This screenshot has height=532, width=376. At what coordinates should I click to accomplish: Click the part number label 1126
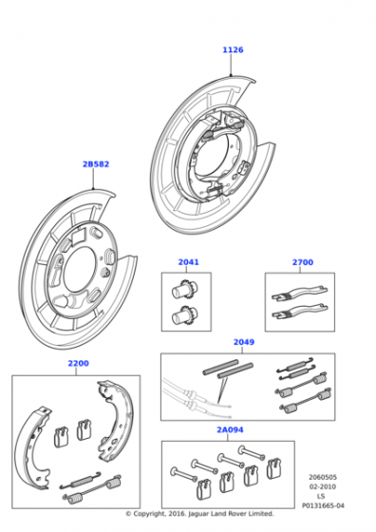[233, 49]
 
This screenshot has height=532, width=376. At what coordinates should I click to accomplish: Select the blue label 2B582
[96, 164]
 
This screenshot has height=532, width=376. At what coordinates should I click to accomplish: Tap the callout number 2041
[189, 262]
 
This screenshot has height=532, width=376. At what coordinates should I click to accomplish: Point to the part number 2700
[303, 262]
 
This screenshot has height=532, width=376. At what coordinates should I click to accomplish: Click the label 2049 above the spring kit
[244, 342]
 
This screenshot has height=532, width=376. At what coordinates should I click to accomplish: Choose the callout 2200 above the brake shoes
[78, 363]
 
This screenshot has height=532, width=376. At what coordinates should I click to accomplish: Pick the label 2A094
[230, 429]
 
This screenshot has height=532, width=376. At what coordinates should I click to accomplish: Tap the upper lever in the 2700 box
[300, 294]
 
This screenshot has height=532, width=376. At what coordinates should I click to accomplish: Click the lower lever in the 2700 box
[300, 312]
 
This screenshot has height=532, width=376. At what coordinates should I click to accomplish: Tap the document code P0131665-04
[323, 505]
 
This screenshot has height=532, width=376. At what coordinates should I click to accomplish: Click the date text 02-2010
[323, 486]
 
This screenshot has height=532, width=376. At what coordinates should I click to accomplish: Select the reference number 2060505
[323, 477]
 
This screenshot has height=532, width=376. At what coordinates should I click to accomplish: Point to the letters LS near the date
[321, 496]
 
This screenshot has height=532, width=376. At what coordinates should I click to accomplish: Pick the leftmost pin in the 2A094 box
[184, 473]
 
